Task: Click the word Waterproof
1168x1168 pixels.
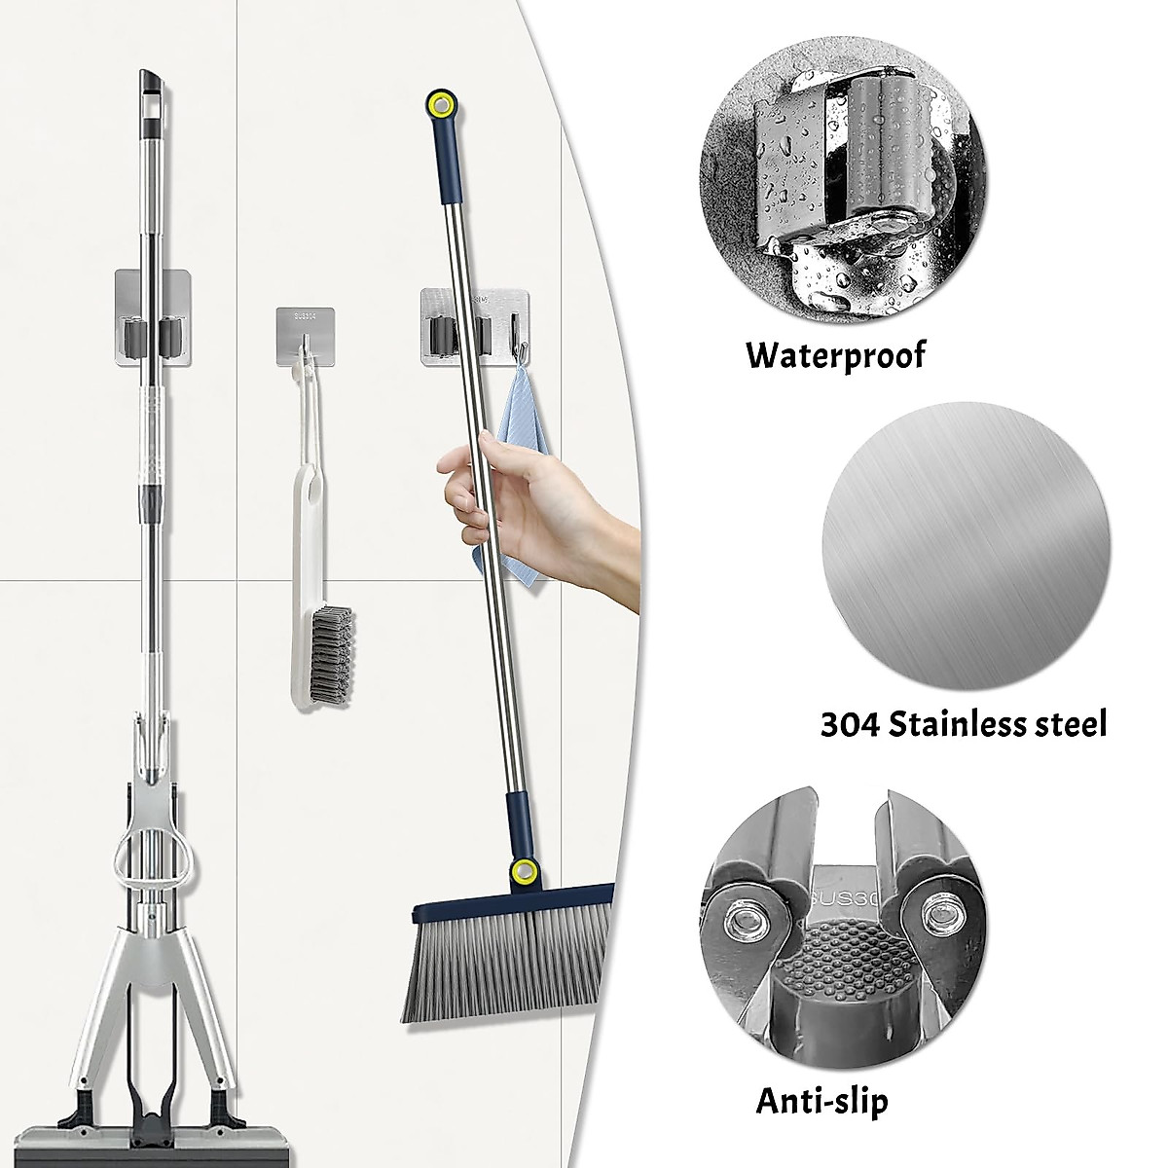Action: tap(836, 353)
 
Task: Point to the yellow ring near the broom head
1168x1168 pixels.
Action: tap(526, 871)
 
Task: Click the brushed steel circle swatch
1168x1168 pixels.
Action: tap(964, 543)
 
